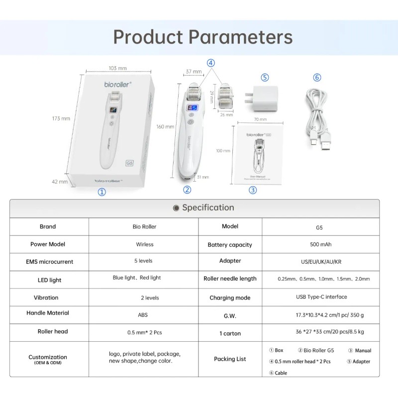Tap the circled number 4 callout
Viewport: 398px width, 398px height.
[211, 63]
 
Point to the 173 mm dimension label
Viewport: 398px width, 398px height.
[61, 118]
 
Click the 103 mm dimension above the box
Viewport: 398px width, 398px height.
[117, 68]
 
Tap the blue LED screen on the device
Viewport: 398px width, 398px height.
[192, 108]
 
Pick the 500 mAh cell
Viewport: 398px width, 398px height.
[320, 244]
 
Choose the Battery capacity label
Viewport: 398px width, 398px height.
[230, 245]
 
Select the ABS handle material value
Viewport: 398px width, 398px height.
[143, 315]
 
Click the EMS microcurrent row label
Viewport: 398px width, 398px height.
[49, 262]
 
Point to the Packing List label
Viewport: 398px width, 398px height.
[230, 359]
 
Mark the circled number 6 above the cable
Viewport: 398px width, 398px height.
[317, 77]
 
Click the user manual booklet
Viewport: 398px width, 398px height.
[258, 155]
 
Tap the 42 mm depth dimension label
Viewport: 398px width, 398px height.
[60, 182]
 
